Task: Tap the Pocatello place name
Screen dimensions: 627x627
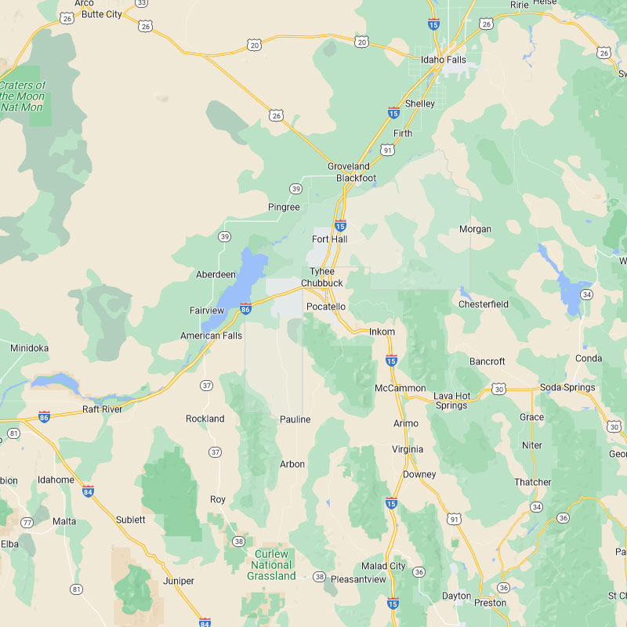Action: click(x=326, y=306)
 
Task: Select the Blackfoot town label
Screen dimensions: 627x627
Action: click(x=356, y=178)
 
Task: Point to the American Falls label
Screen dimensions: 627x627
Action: click(x=212, y=335)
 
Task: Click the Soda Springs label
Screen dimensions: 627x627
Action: click(x=567, y=387)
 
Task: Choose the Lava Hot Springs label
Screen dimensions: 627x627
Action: click(x=451, y=400)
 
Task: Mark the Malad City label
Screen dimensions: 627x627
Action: click(x=383, y=566)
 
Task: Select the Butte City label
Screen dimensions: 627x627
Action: click(x=102, y=14)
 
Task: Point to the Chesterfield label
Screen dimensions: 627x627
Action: click(x=484, y=304)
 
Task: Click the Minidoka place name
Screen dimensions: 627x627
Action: click(x=29, y=347)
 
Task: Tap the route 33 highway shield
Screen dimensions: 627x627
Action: click(x=142, y=3)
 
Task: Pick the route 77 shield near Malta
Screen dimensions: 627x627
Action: click(x=27, y=522)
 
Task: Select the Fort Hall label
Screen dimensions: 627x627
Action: click(x=329, y=239)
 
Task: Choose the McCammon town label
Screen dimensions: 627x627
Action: click(x=400, y=388)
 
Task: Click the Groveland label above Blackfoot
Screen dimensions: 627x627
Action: click(x=349, y=166)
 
